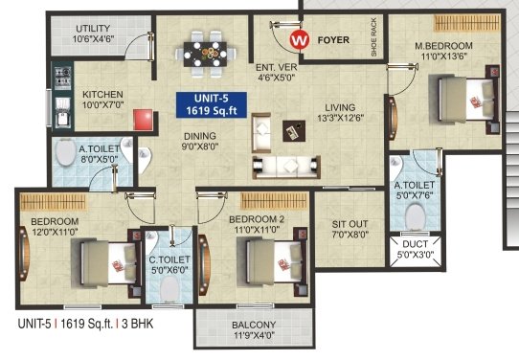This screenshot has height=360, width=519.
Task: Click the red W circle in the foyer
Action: pos(300,40)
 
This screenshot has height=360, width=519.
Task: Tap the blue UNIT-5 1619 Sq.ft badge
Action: pos(212,103)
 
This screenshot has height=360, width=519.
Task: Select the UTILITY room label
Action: pos(92,34)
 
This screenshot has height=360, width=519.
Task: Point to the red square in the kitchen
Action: pos(144,119)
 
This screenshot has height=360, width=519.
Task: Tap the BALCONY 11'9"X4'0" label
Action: pos(253,330)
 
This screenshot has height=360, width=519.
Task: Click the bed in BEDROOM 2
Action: pos(267,259)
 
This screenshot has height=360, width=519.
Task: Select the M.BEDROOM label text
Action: pos(445,46)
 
